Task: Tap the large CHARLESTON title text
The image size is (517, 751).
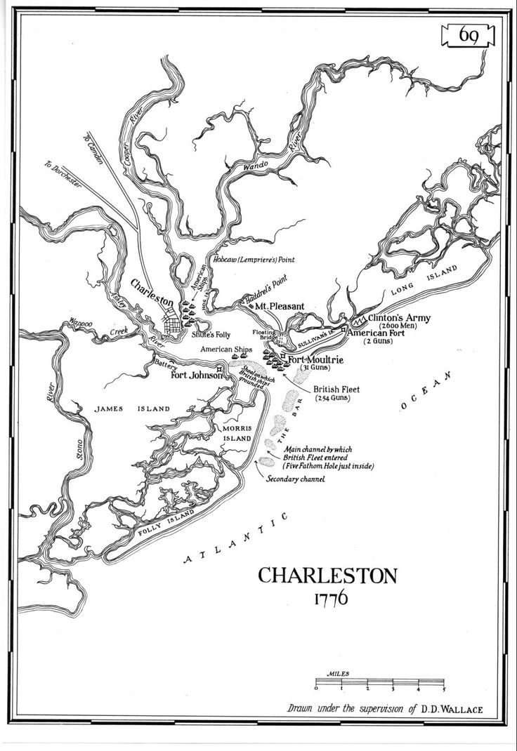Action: click(x=327, y=576)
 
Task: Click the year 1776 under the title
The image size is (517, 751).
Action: click(x=327, y=602)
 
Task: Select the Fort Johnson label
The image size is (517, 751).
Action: click(x=197, y=375)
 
